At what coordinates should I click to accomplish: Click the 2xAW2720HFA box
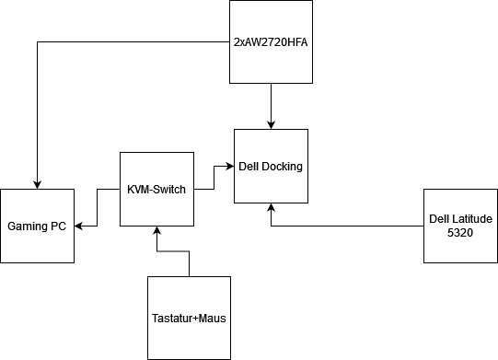(x=271, y=41)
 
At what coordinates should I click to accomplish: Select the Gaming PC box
(x=38, y=226)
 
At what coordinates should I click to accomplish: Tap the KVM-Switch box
(x=156, y=189)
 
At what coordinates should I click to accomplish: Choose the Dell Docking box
(x=271, y=166)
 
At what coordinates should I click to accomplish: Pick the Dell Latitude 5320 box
(x=460, y=226)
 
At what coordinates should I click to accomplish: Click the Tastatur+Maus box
(x=189, y=318)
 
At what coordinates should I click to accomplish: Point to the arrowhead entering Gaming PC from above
(x=38, y=183)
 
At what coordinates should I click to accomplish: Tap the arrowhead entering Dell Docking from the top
(x=271, y=123)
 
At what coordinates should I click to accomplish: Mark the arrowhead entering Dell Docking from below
(x=271, y=208)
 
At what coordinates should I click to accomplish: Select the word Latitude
(x=472, y=218)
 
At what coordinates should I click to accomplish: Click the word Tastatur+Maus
(x=189, y=319)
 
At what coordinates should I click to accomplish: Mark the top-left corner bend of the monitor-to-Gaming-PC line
(x=38, y=41)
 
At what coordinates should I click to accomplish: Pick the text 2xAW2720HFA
(x=271, y=41)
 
